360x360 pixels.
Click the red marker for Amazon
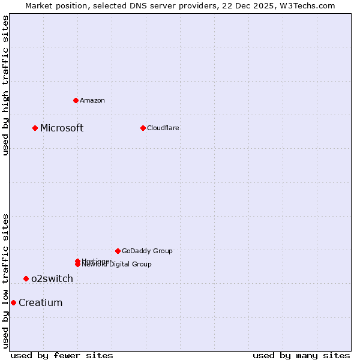click(76, 100)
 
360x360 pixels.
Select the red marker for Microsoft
click(35, 128)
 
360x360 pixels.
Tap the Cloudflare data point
click(143, 128)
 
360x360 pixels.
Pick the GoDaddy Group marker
click(118, 251)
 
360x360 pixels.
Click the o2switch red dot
click(26, 278)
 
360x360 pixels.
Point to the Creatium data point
click(13, 302)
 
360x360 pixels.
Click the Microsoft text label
click(62, 128)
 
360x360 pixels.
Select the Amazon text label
click(92, 100)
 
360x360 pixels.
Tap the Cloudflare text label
click(163, 128)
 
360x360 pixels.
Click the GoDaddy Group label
click(147, 251)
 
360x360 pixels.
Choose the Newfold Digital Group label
click(117, 265)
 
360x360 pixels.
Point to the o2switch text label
click(52, 278)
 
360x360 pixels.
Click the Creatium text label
click(40, 302)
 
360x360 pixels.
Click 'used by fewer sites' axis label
click(62, 355)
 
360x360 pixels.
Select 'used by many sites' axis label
click(301, 355)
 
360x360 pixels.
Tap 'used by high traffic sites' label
click(5, 85)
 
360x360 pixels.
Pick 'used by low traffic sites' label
click(5, 281)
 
